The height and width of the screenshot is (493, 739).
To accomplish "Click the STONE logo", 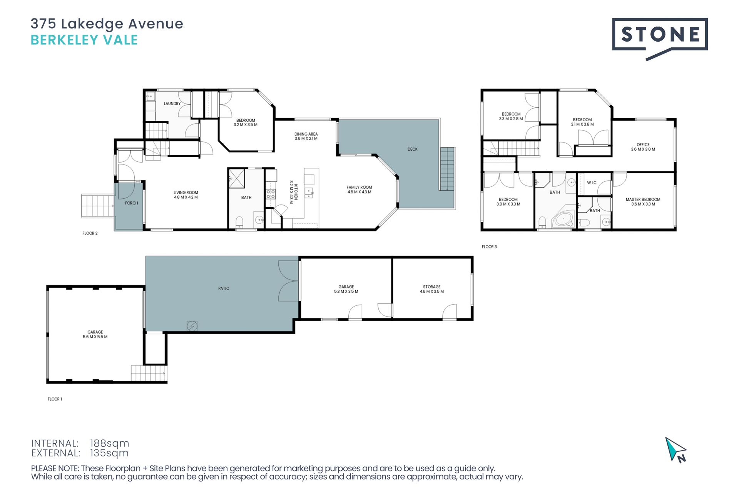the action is pyautogui.click(x=660, y=39).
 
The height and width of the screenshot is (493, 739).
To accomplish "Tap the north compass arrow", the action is pyautogui.click(x=675, y=449).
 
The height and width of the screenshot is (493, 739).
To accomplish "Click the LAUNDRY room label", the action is pyautogui.click(x=172, y=104).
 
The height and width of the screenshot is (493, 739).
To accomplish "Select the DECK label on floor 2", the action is pyautogui.click(x=413, y=149).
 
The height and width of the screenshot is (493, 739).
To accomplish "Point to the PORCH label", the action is pyautogui.click(x=132, y=203).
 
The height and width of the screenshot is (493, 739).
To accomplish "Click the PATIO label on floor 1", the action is pyautogui.click(x=224, y=288).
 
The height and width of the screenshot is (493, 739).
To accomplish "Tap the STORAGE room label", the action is pyautogui.click(x=432, y=287).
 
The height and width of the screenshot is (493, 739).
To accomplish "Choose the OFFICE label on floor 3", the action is pyautogui.click(x=643, y=145).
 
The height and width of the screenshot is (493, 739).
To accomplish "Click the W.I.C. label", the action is pyautogui.click(x=592, y=183).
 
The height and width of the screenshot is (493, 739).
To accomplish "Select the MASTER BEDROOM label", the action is pyautogui.click(x=643, y=200).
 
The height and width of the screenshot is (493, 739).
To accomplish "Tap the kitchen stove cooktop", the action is pyautogui.click(x=271, y=194).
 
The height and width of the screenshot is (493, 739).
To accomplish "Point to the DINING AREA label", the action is pyautogui.click(x=306, y=134).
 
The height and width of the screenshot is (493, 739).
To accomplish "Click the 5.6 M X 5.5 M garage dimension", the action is pyautogui.click(x=95, y=337).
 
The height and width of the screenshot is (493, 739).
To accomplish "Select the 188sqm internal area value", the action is pyautogui.click(x=110, y=443).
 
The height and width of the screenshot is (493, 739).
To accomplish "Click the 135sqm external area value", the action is pyautogui.click(x=109, y=453).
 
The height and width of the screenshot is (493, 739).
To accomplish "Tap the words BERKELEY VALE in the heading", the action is pyautogui.click(x=84, y=40).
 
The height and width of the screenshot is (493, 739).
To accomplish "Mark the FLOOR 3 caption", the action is pyautogui.click(x=489, y=247).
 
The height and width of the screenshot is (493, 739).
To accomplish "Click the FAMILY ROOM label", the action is pyautogui.click(x=359, y=188).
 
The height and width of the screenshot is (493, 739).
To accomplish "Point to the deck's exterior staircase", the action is pyautogui.click(x=448, y=169).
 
